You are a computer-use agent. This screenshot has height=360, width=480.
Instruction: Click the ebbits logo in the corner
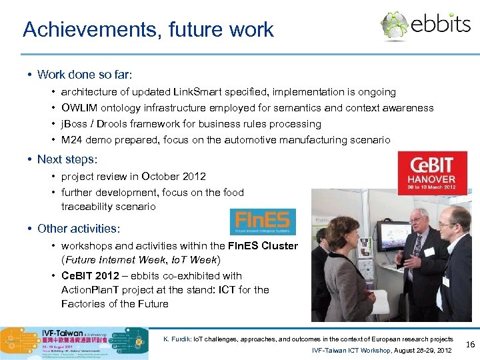[425, 25]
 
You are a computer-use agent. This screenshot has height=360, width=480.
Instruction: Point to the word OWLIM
[79, 108]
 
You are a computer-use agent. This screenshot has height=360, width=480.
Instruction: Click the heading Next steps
[67, 159]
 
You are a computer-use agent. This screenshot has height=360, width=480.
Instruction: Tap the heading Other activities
[79, 229]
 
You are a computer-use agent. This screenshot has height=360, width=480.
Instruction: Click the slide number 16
[469, 345]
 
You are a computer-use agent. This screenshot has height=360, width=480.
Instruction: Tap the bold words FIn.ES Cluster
[263, 246]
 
